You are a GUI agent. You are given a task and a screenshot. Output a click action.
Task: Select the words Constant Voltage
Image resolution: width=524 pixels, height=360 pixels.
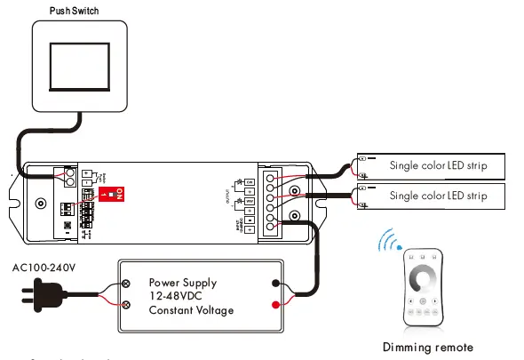coord(191,310)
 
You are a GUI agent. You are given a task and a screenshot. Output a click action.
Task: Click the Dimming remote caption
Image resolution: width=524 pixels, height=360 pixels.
coord(427,348)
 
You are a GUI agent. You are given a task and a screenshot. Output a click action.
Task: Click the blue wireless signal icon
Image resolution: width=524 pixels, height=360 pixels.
coord(387,241)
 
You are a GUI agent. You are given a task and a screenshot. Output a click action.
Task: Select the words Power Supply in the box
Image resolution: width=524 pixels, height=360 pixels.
coord(182,283)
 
